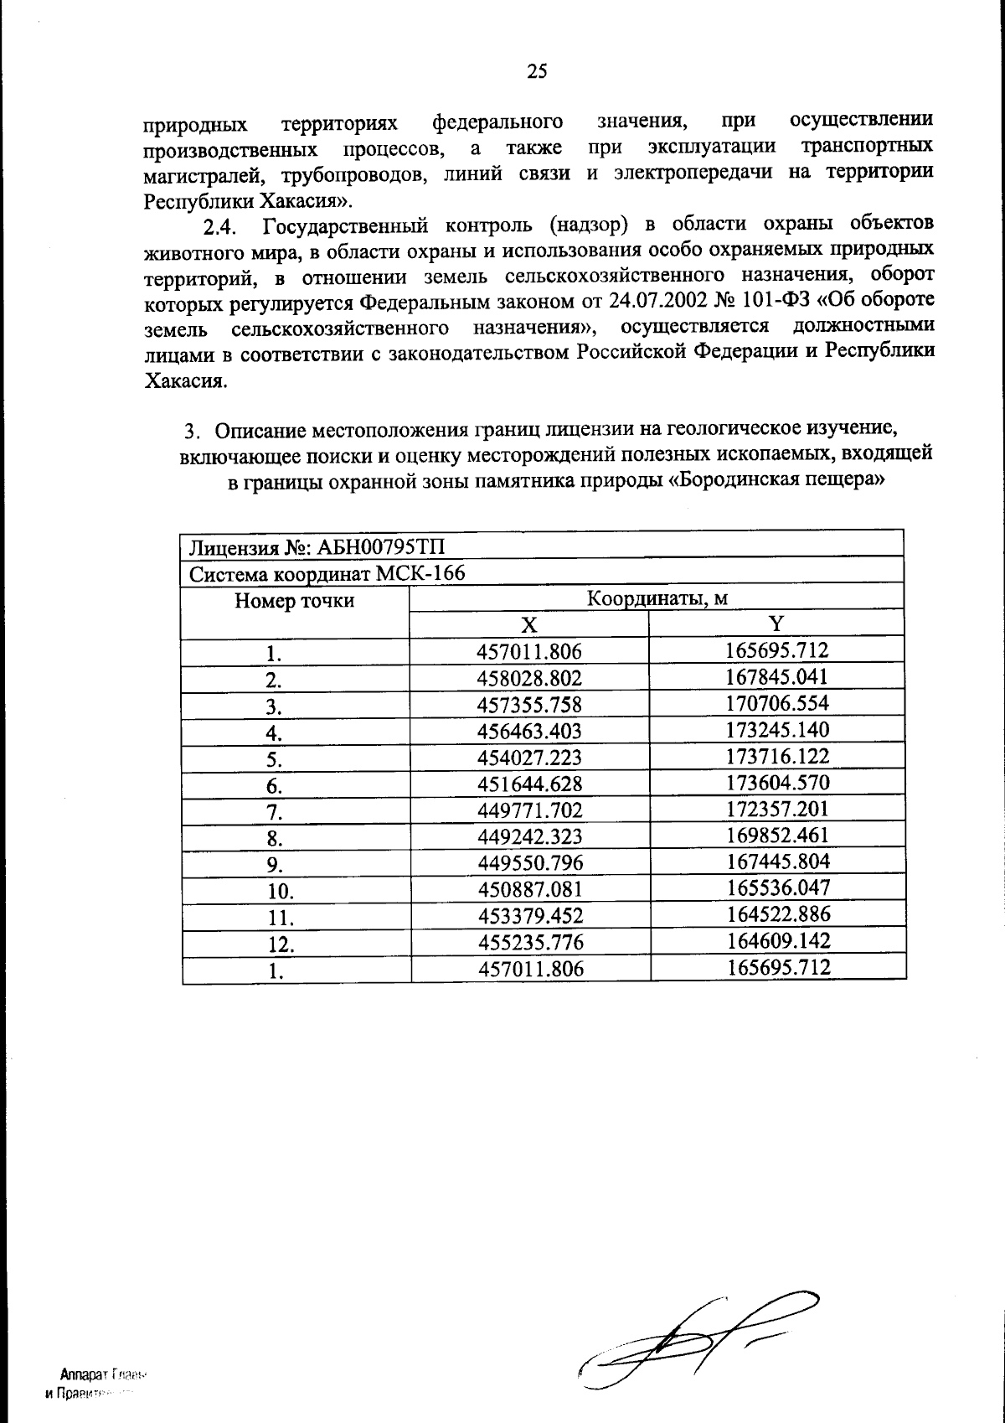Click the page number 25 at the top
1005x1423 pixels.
pos(537,72)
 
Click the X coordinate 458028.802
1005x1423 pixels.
pos(529,678)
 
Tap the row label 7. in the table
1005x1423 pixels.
pos(274,811)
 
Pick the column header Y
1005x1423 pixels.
pos(777,624)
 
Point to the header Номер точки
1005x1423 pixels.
pos(294,601)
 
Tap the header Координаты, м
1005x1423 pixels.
pos(657,599)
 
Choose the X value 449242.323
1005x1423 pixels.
pos(529,836)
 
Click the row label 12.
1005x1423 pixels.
pos(280,944)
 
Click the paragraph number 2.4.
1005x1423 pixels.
pos(222,228)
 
